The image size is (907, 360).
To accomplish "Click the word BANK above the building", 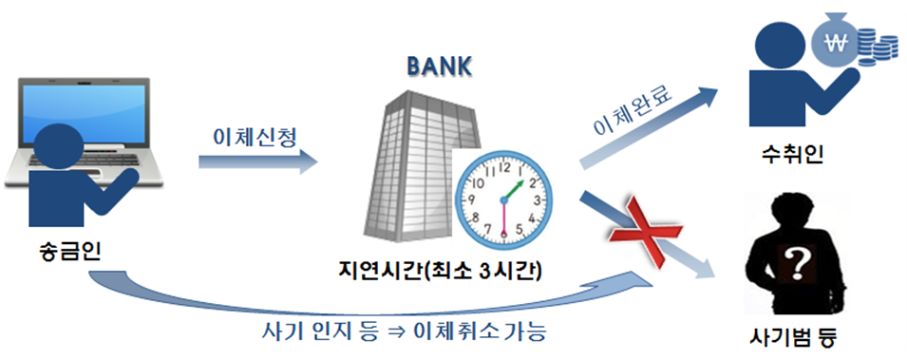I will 440,67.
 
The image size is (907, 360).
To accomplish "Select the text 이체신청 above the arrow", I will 255,137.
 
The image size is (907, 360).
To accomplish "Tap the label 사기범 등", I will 794,336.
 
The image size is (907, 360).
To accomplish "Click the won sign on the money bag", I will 837,43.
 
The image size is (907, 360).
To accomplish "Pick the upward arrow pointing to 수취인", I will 655,123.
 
